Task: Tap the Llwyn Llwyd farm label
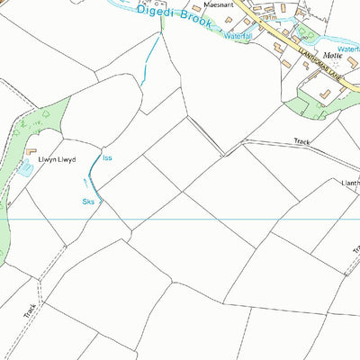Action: [56, 159]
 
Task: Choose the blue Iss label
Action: [107, 158]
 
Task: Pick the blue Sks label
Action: [88, 202]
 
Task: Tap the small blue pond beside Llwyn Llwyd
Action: [23, 167]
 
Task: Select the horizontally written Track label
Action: [301, 141]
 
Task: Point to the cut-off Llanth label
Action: [349, 183]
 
